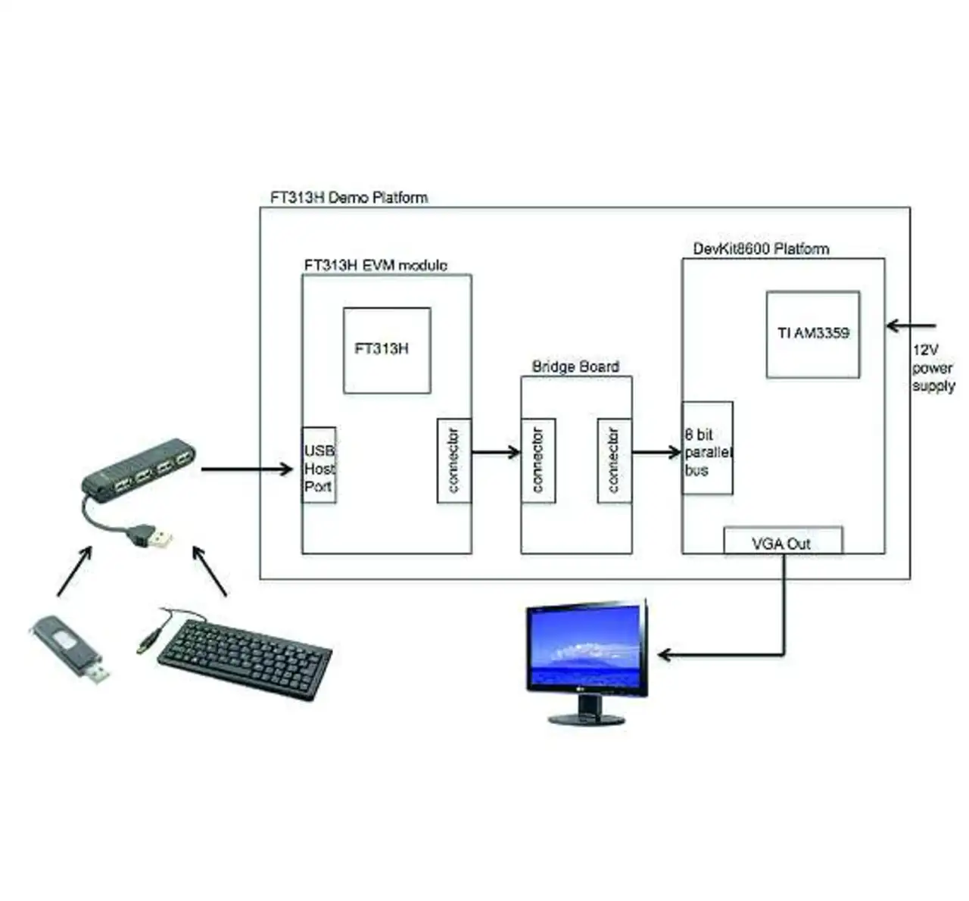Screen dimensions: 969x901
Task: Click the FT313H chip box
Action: click(387, 350)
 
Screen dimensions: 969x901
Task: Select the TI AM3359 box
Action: click(813, 335)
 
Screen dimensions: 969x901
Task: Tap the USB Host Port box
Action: click(319, 465)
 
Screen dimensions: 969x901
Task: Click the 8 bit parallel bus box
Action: click(708, 448)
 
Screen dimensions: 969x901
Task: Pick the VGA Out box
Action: click(783, 541)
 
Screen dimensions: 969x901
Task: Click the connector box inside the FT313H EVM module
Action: click(454, 460)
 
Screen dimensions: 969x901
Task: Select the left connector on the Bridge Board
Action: click(538, 460)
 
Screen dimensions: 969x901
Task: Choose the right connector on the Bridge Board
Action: click(615, 460)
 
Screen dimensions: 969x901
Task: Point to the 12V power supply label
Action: click(933, 368)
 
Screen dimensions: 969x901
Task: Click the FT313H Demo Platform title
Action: click(349, 198)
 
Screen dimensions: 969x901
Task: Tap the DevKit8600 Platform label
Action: click(761, 249)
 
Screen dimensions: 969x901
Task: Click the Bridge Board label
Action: click(576, 366)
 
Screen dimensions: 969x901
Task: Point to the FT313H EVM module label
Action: click(375, 265)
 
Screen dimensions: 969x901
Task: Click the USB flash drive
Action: click(70, 647)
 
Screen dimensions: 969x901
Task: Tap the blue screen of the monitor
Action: click(584, 645)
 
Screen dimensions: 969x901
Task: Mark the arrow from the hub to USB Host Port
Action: click(247, 469)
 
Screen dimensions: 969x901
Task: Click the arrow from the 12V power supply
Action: click(911, 326)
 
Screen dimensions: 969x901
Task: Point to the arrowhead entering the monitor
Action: click(665, 654)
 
